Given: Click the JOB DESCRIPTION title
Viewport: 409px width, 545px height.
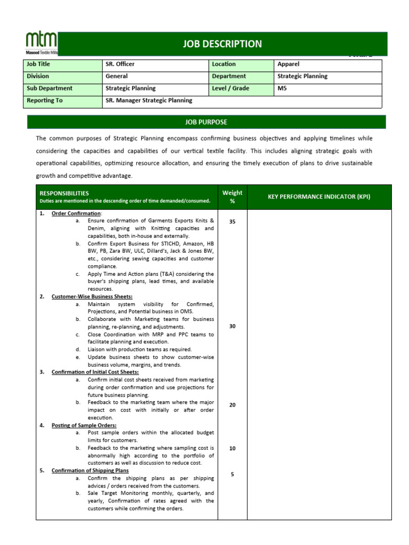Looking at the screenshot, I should pos(223,44).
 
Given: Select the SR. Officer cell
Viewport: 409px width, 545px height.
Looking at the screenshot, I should pos(120,64).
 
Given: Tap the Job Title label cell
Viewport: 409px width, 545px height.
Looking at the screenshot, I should pos(38,64).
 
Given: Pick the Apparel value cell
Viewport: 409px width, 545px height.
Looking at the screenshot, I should pos(289,64).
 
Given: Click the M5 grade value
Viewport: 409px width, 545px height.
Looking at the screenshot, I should pos(282,88).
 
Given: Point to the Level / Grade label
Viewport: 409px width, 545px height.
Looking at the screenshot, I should pos(231,88).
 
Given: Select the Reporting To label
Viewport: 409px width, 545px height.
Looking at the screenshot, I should pos(41,101).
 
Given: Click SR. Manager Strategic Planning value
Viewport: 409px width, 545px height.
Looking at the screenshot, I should pos(149,101).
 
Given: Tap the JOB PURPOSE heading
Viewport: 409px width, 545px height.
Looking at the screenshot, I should pos(206,122).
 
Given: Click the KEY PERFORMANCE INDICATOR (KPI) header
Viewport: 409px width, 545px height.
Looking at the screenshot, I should pos(319,197).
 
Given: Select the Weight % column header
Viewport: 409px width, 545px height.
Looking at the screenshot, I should pos(232,197).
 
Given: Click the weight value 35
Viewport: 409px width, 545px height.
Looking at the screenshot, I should pos(232,222).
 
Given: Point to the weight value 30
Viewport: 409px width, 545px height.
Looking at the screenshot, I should pos(232,326).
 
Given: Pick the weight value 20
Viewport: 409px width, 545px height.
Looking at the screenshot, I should pos(232,405).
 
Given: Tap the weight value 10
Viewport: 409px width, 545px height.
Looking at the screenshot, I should pos(232,449).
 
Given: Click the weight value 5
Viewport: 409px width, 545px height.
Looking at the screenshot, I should pos(232,474).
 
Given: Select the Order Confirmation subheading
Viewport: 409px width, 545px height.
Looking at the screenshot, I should pos(76,213).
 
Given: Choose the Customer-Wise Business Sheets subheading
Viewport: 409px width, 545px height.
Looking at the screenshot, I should pos(92,296).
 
